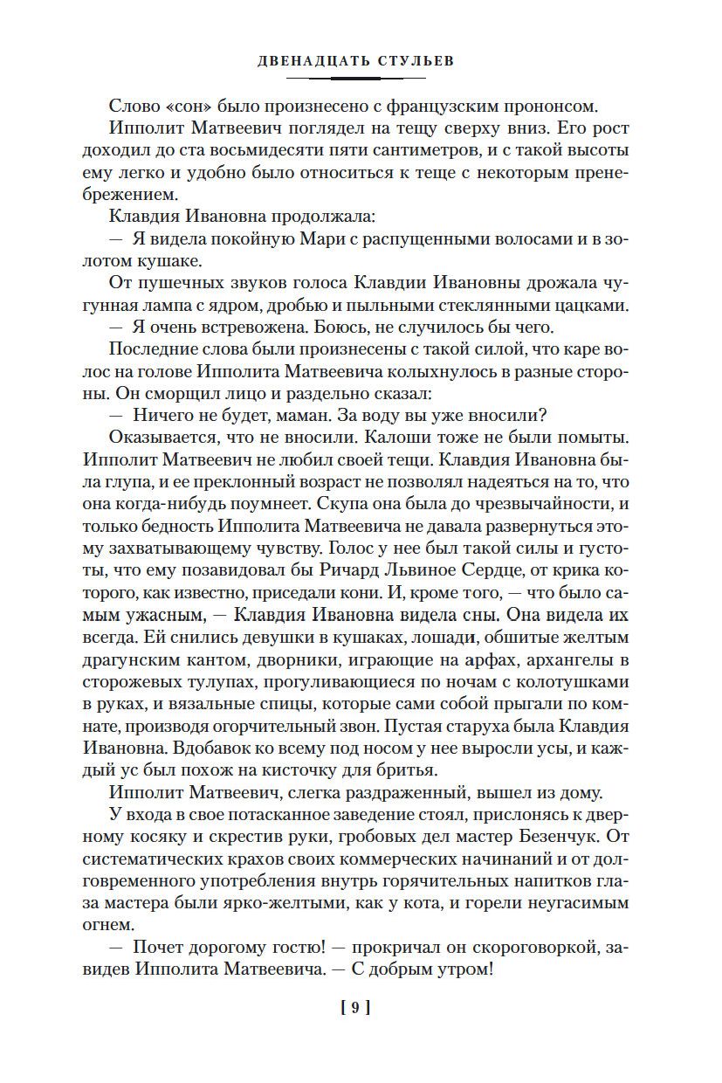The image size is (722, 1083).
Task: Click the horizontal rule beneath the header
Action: point(361,79)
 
